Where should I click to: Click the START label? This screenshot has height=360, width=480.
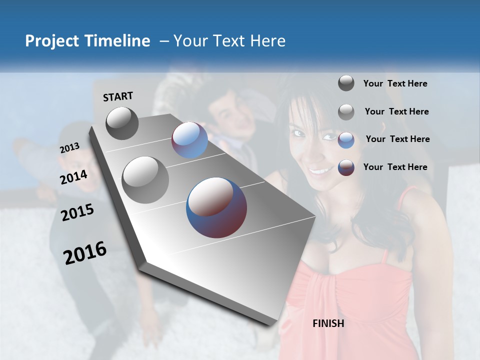click(118, 96)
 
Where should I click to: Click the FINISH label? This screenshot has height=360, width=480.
click(328, 323)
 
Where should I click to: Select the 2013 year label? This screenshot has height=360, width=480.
click(69, 148)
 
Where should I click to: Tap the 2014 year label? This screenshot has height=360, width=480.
click(73, 177)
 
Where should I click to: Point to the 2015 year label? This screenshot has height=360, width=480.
click(77, 212)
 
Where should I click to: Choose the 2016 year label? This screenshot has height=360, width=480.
click(85, 252)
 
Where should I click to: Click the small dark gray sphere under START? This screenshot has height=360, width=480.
click(122, 123)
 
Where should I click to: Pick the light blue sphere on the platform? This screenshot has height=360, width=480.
click(189, 140)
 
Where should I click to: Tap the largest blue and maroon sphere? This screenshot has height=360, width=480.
click(216, 207)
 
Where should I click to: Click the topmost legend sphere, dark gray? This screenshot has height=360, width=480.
click(346, 83)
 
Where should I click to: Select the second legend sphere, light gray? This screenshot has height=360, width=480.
click(346, 112)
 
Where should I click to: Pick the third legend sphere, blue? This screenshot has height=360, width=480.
click(346, 139)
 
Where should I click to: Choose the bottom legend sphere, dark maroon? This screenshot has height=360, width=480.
click(346, 167)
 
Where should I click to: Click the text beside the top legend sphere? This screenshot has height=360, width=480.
click(395, 83)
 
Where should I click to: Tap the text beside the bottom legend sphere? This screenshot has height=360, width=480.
click(395, 167)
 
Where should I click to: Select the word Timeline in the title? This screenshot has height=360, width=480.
click(118, 41)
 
